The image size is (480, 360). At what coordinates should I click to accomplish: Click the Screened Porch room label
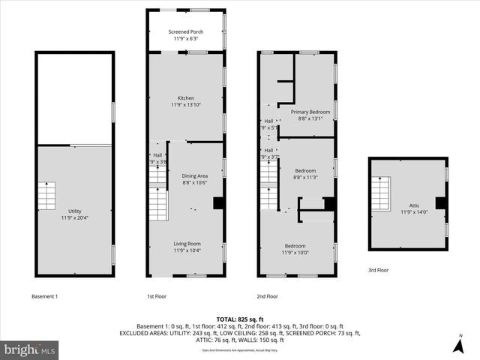pos(186,34)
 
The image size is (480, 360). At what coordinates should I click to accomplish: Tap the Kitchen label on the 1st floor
pos(186,102)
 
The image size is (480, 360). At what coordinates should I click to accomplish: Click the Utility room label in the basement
pos(75,214)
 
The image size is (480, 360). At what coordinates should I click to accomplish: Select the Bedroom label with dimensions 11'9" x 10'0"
pos(295,249)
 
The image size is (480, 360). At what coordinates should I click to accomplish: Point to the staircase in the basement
pos(47,196)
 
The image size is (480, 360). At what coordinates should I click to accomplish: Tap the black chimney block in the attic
pos(441,202)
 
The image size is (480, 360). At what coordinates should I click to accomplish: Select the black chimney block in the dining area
pos(218,202)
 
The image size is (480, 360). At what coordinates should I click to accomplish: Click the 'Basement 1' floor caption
pos(44,296)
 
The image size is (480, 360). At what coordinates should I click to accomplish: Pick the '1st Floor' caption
pos(157,296)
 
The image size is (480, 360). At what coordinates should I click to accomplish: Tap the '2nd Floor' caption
pos(267,296)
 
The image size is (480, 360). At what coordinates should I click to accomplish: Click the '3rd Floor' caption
pos(378,270)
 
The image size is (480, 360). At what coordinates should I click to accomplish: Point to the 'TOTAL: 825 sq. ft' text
pos(240,319)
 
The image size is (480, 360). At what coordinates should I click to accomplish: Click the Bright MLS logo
pos(30,349)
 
